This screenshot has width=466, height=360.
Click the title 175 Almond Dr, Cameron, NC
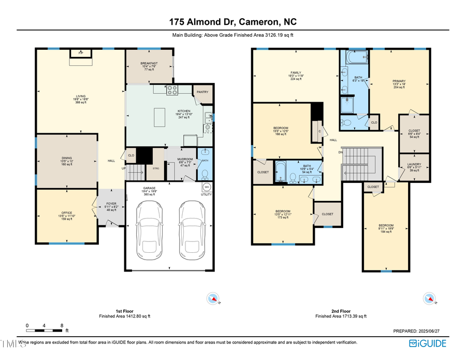(x=233, y=22)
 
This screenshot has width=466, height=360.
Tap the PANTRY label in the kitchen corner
(x=202, y=92)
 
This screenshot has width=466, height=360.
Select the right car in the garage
(x=190, y=231)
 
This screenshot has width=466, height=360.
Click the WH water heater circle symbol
(x=206, y=187)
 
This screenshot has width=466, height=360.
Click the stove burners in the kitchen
(x=172, y=91)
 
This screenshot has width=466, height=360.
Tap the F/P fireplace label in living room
(x=80, y=53)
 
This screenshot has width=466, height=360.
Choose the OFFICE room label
(x=66, y=212)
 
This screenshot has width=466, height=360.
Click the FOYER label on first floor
(x=111, y=204)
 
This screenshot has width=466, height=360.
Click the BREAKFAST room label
(x=149, y=64)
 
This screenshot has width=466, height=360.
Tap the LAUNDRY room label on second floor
(x=414, y=165)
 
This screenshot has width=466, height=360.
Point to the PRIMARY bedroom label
(x=399, y=81)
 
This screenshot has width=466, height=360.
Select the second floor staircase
(x=362, y=162)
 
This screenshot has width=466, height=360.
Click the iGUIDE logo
(x=428, y=343)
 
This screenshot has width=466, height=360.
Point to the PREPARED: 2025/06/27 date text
(x=420, y=330)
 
